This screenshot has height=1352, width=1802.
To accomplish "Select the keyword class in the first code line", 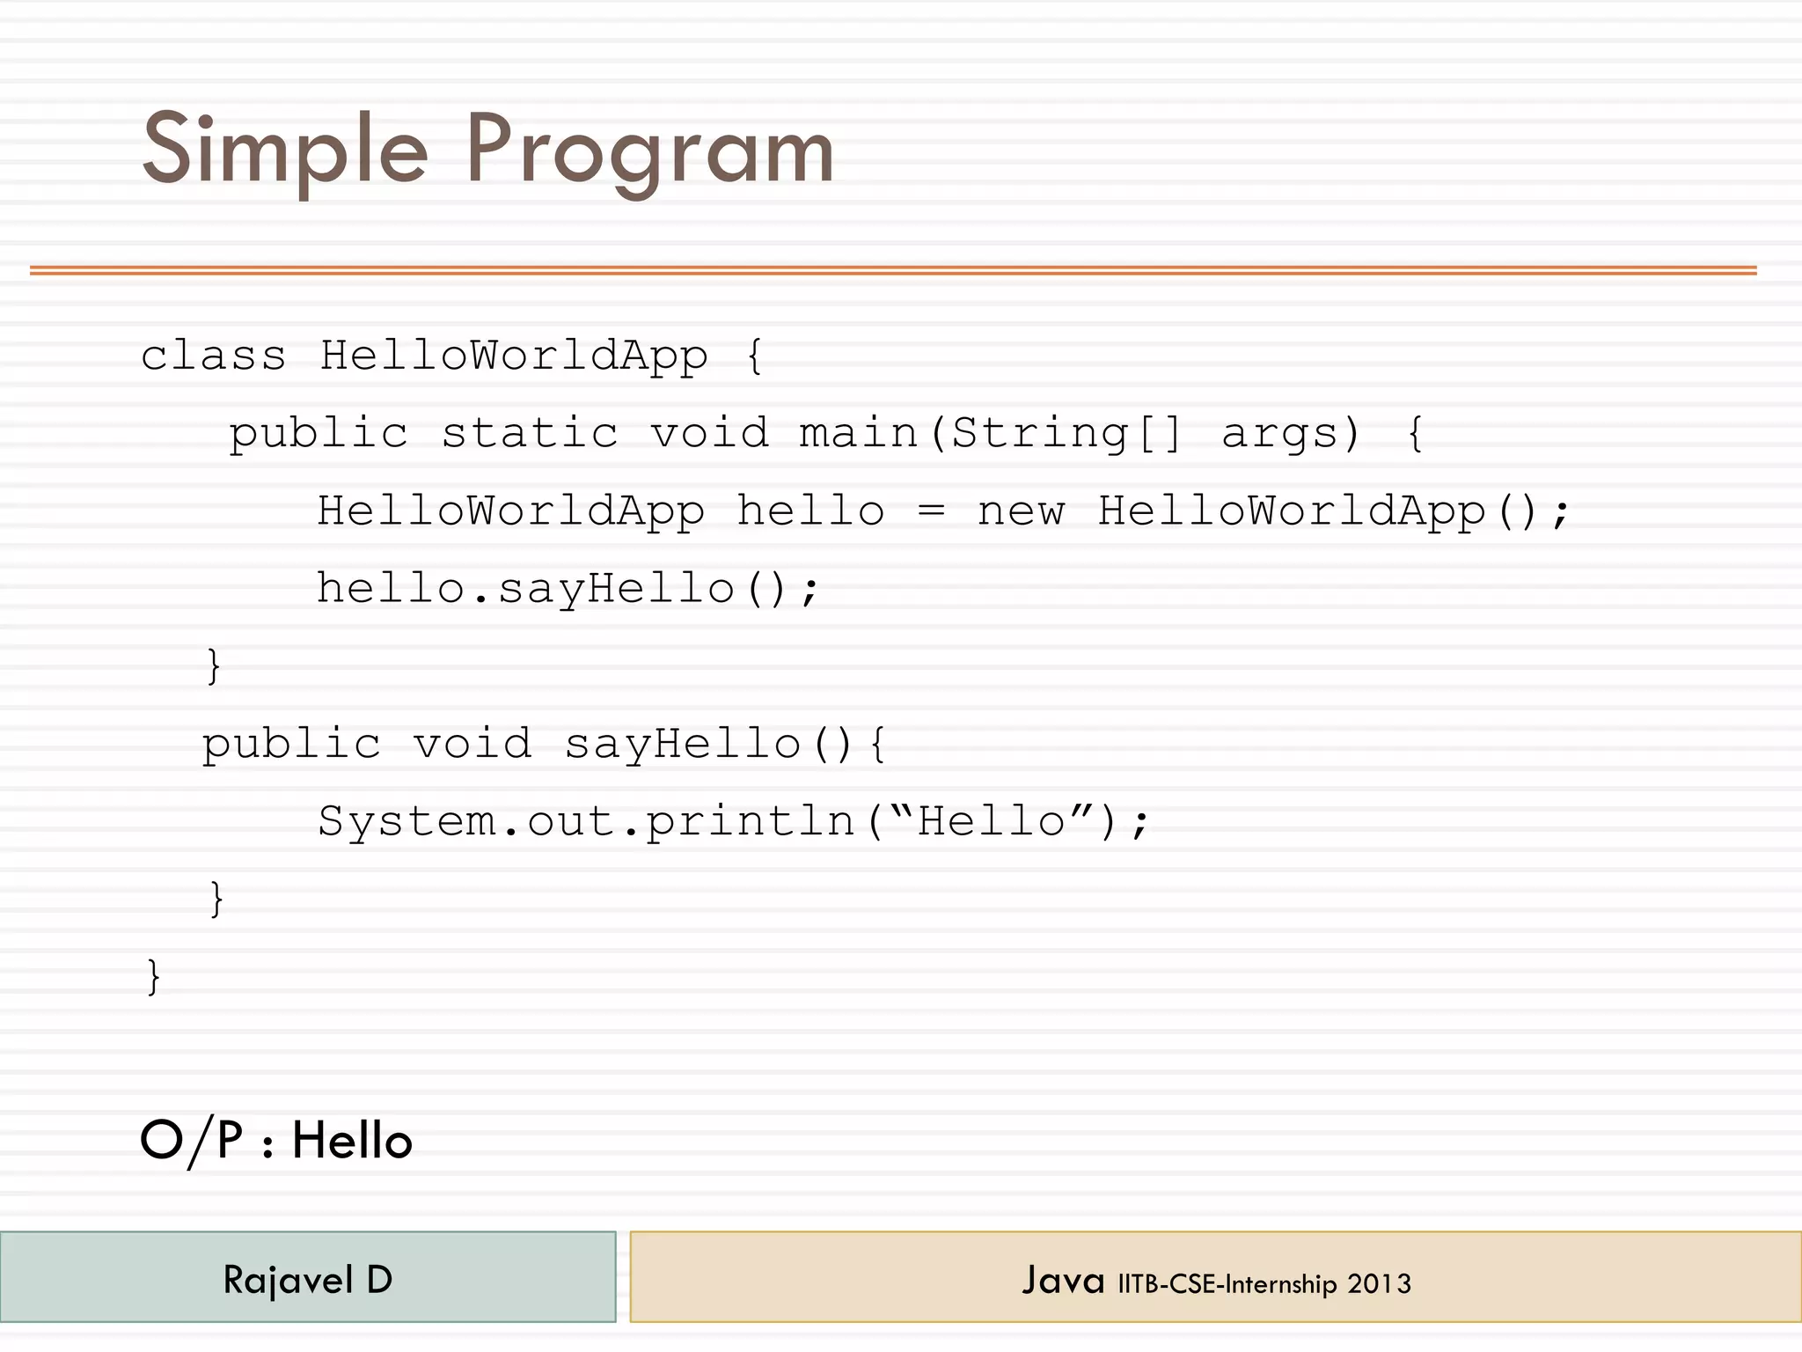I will click(x=214, y=356).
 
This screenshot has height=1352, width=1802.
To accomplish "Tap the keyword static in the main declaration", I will click(x=530, y=433).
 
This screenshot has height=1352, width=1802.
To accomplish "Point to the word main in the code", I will click(x=858, y=433).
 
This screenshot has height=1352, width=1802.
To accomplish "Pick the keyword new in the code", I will click(x=1021, y=511).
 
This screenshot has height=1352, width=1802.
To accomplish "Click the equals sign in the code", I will click(x=931, y=511).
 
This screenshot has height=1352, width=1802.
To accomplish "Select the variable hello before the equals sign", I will click(x=810, y=511).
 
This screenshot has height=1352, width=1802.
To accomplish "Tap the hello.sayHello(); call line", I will click(x=568, y=588).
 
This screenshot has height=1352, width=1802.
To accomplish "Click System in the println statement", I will click(x=407, y=822).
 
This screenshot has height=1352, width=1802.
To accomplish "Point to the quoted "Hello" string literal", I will click(x=992, y=820).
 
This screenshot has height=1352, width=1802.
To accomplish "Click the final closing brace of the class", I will click(x=154, y=976).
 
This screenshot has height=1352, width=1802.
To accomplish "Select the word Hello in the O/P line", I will click(x=352, y=1141).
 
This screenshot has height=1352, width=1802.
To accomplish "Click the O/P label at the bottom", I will click(x=191, y=1141).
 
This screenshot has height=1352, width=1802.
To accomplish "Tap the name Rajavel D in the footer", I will click(x=308, y=1280).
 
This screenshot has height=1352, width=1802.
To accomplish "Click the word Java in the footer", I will click(x=1063, y=1280).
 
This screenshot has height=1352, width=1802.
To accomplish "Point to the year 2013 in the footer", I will click(x=1379, y=1284).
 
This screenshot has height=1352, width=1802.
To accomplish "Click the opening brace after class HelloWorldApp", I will click(x=754, y=356).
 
